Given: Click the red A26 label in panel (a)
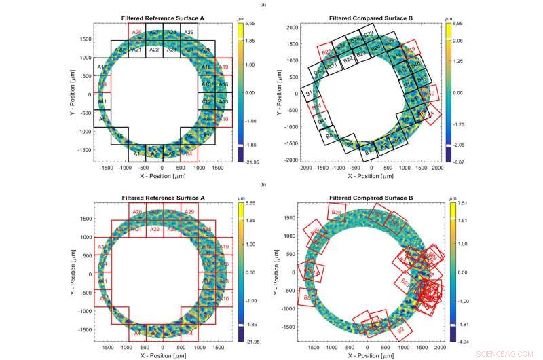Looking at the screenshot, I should pyautogui.click(x=137, y=32).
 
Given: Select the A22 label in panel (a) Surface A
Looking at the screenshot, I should pyautogui.click(x=154, y=50).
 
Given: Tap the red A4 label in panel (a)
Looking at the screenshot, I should pyautogui.click(x=189, y=154).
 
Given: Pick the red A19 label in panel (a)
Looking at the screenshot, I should pyautogui.click(x=225, y=67).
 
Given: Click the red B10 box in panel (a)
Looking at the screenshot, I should pyautogui.click(x=429, y=94).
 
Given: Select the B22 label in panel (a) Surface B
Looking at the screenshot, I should pyautogui.click(x=348, y=60).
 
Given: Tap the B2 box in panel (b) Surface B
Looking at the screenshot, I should pyautogui.click(x=400, y=330).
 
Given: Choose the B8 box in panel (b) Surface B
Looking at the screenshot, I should pyautogui.click(x=307, y=297).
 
